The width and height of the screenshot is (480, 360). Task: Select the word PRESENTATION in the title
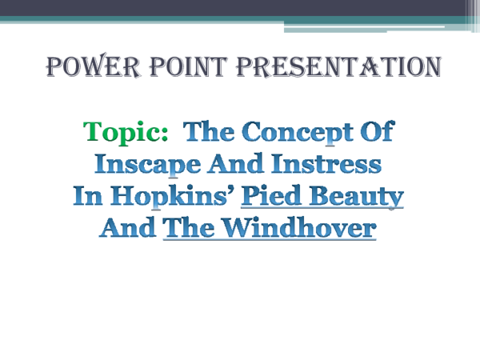pos(334,67)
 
